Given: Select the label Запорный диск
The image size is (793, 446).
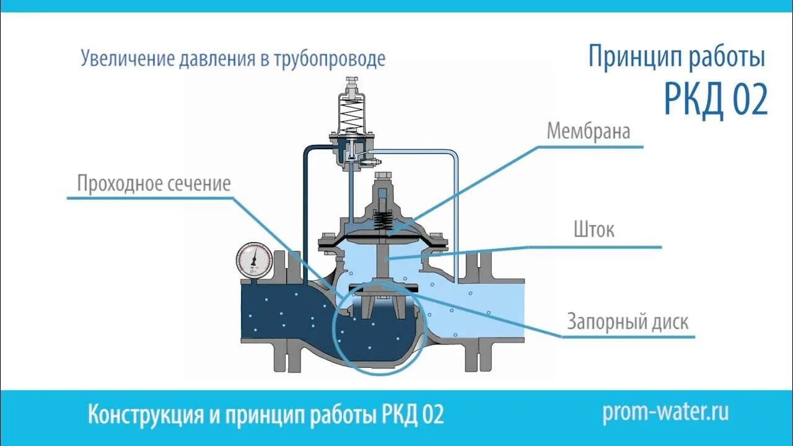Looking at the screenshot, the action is [628, 322].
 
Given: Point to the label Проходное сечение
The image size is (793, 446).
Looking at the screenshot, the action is [154, 184].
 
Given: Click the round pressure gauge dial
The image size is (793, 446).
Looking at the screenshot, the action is [253, 260].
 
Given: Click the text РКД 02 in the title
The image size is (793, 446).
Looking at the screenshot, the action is [716, 100].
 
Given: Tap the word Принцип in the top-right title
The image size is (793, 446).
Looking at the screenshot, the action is [633, 58].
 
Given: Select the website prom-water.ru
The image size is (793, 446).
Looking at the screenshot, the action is [665, 412].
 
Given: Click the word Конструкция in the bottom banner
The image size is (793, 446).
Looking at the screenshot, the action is [145, 414].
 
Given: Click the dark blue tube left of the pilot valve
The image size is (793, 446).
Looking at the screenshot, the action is [303, 198].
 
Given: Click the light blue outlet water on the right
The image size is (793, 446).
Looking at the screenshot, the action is [489, 310].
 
